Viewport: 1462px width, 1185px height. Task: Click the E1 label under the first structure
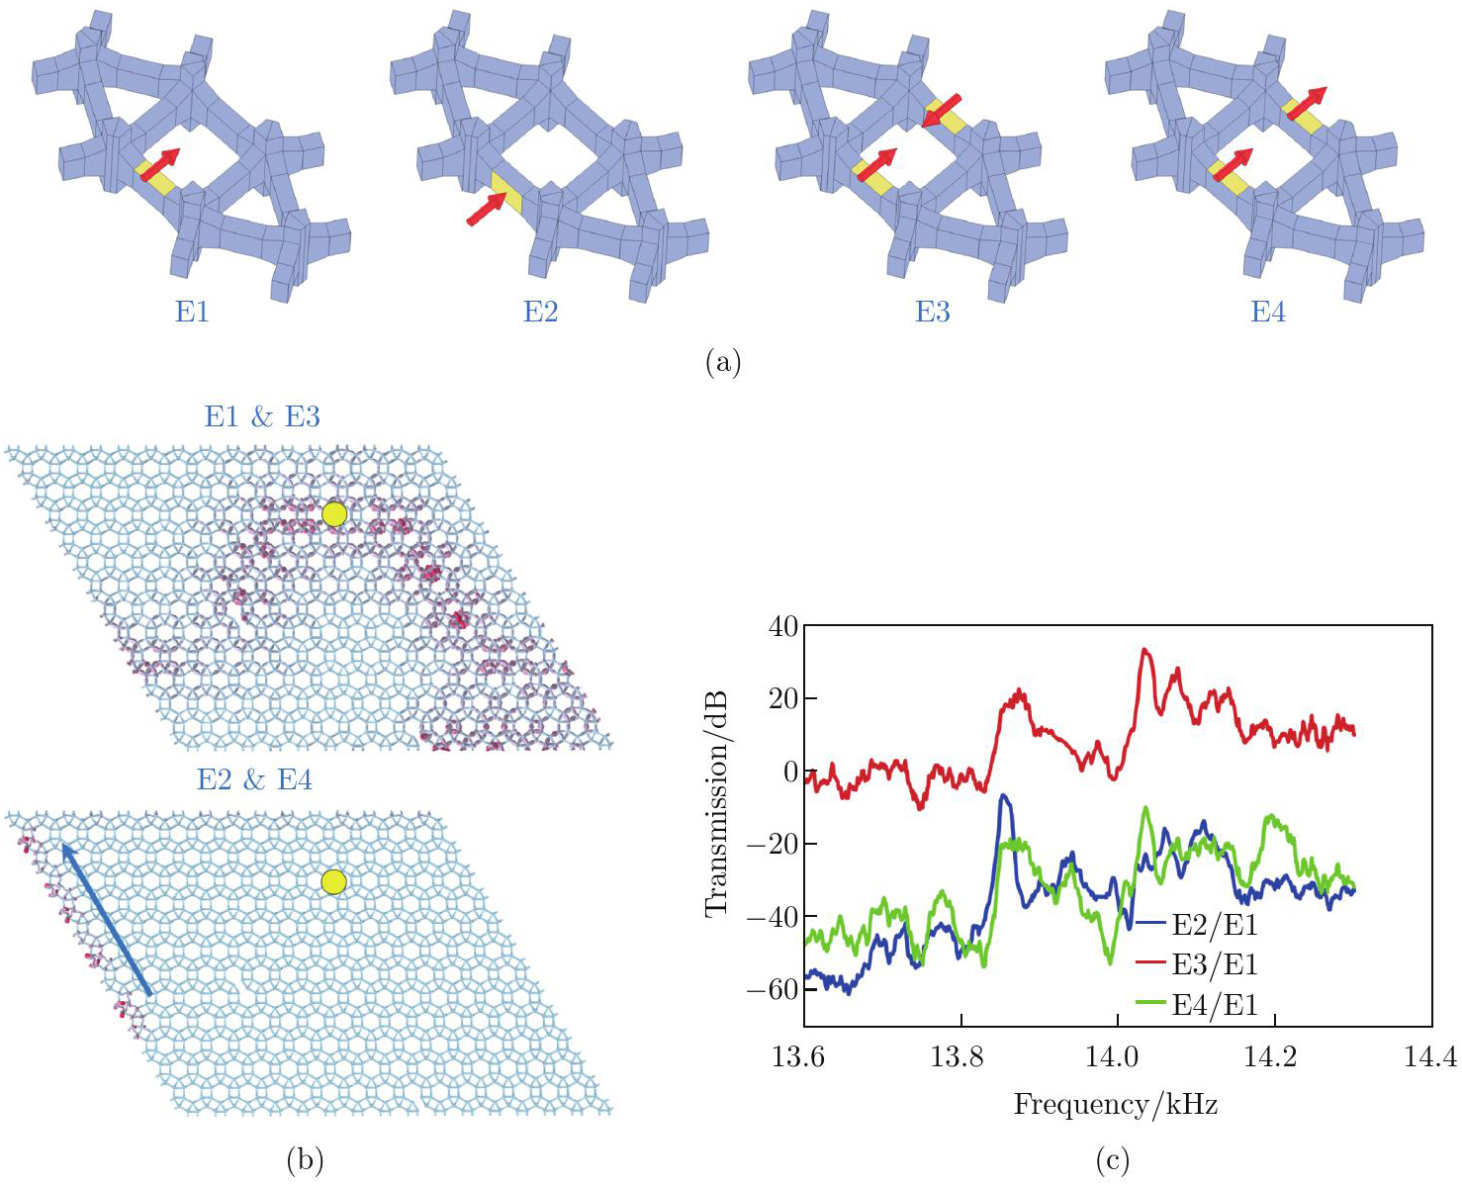[x=192, y=312]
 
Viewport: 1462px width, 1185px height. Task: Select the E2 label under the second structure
[x=540, y=312]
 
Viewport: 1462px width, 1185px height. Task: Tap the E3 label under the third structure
[x=932, y=312]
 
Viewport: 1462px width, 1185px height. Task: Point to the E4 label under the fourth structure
[x=1268, y=312]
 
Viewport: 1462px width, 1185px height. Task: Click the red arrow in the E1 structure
[x=160, y=165]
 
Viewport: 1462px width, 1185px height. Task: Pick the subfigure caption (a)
[x=723, y=362]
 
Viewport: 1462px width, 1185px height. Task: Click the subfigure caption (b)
[x=305, y=1159]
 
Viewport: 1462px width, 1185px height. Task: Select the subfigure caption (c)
[x=1113, y=1159]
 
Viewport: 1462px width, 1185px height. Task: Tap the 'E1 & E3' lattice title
[x=262, y=416]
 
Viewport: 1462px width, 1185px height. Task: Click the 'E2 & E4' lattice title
[x=254, y=779]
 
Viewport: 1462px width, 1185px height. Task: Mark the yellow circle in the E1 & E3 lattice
[x=334, y=514]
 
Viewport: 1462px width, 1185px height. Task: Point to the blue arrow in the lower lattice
[x=106, y=918]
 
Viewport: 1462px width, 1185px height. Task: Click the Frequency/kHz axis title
[x=1115, y=1104]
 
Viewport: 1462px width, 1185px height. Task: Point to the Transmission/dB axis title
[x=717, y=801]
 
